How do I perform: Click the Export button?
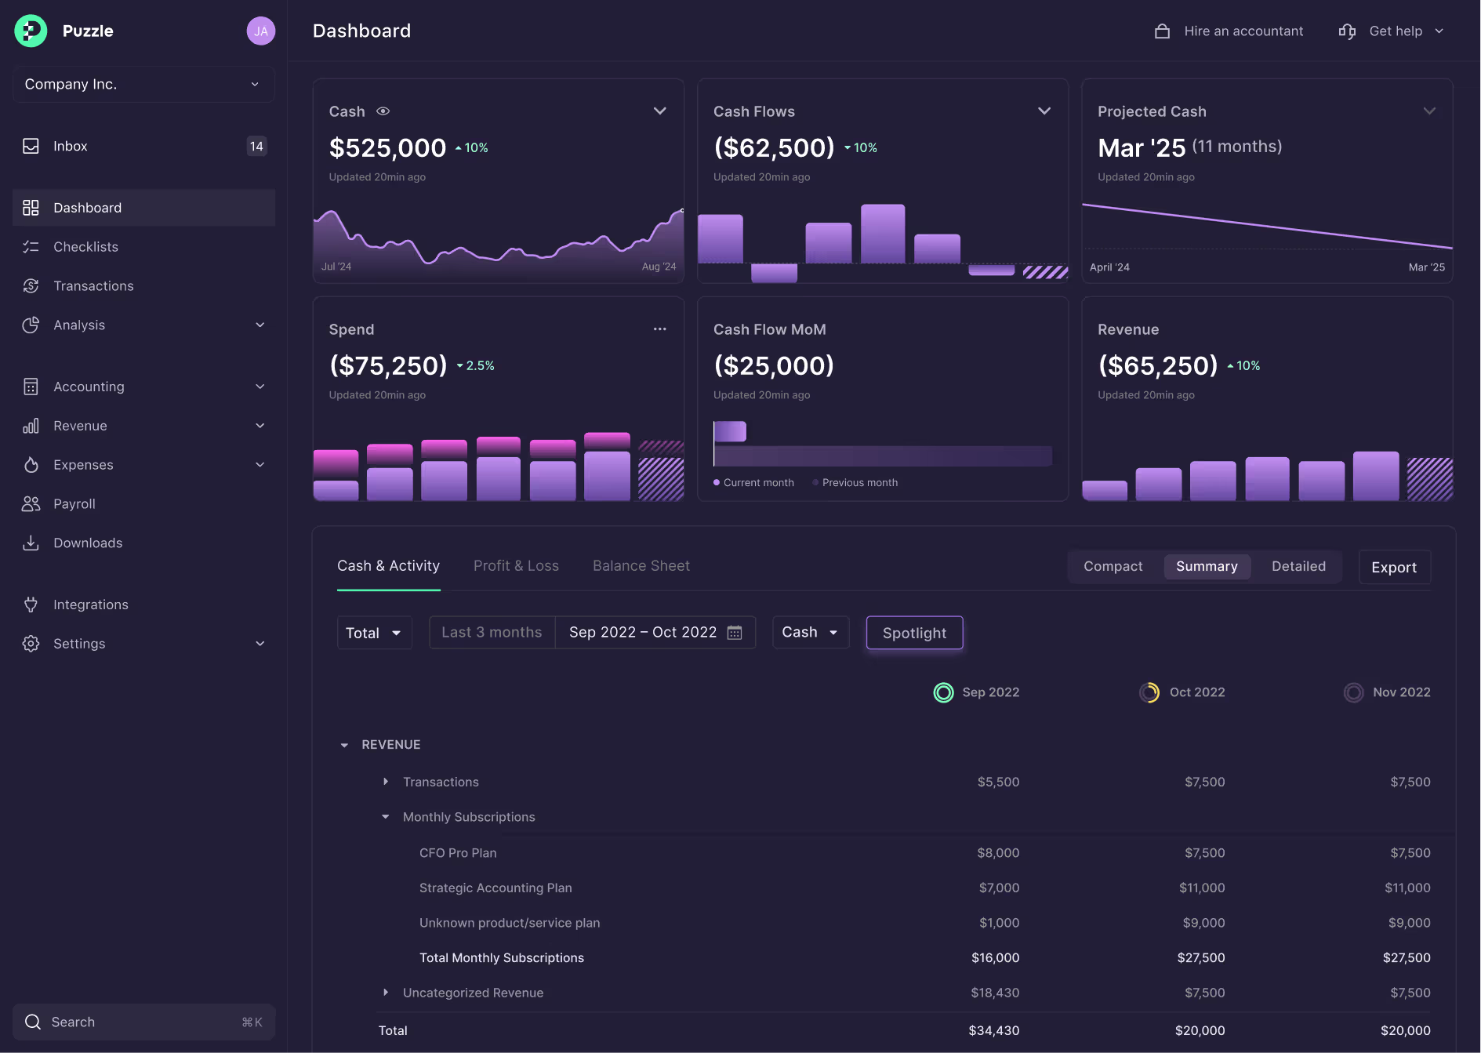pyautogui.click(x=1394, y=567)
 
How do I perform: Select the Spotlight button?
pyautogui.click(x=914, y=633)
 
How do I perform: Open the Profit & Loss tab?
pyautogui.click(x=516, y=565)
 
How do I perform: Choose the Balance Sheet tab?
pyautogui.click(x=641, y=565)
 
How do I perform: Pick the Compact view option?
pyautogui.click(x=1113, y=566)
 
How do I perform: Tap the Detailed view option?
pyautogui.click(x=1298, y=566)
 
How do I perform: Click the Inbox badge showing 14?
pyautogui.click(x=256, y=147)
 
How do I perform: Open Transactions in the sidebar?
pyautogui.click(x=93, y=286)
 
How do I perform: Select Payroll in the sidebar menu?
pyautogui.click(x=74, y=504)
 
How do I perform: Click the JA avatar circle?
pyautogui.click(x=261, y=31)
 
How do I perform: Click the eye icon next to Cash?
pyautogui.click(x=383, y=111)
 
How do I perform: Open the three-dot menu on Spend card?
pyautogui.click(x=659, y=329)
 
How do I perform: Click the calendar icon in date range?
pyautogui.click(x=735, y=633)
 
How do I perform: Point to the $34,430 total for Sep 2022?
pyautogui.click(x=993, y=1030)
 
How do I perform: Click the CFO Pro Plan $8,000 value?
pyautogui.click(x=997, y=853)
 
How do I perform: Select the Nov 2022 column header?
pyautogui.click(x=1401, y=692)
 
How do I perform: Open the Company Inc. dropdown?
pyautogui.click(x=143, y=85)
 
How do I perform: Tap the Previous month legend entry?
pyautogui.click(x=859, y=483)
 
